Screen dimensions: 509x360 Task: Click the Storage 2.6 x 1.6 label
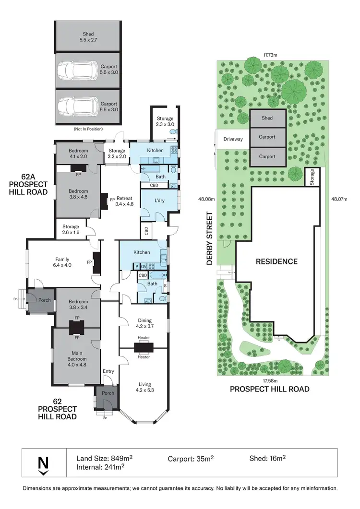tap(70, 229)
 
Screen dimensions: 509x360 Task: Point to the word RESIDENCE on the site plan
tap(276, 261)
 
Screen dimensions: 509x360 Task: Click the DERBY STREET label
tap(209, 239)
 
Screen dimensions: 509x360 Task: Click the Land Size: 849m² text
tap(105, 458)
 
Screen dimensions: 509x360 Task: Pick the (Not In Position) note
tap(87, 129)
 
